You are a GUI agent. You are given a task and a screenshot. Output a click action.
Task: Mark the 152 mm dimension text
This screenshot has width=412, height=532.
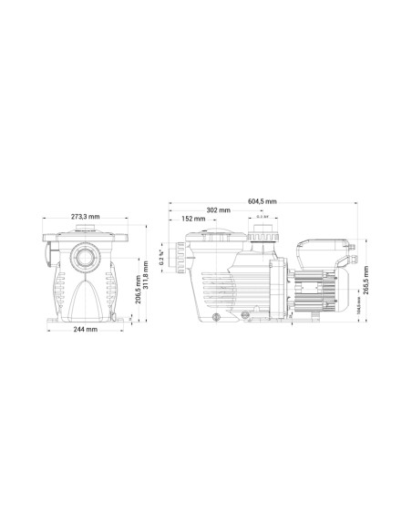(x=192, y=219)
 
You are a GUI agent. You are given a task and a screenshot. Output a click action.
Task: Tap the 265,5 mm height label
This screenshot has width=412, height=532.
(x=366, y=277)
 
